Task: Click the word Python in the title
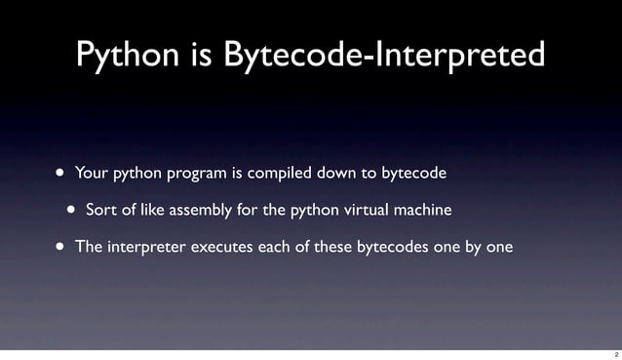127,55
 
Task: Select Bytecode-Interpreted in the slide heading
383,55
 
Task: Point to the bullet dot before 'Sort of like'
72,209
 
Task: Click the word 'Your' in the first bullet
92,174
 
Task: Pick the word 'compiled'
278,174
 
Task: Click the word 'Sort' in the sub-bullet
101,210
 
